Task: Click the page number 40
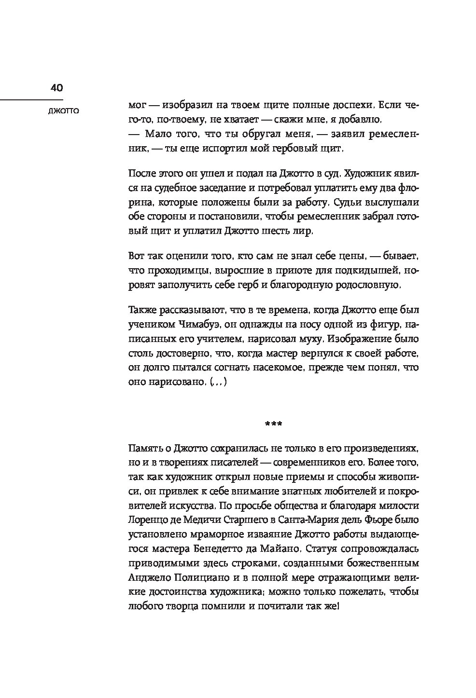tap(56, 88)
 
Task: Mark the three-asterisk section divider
tap(274, 424)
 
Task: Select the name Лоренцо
tap(148, 520)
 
